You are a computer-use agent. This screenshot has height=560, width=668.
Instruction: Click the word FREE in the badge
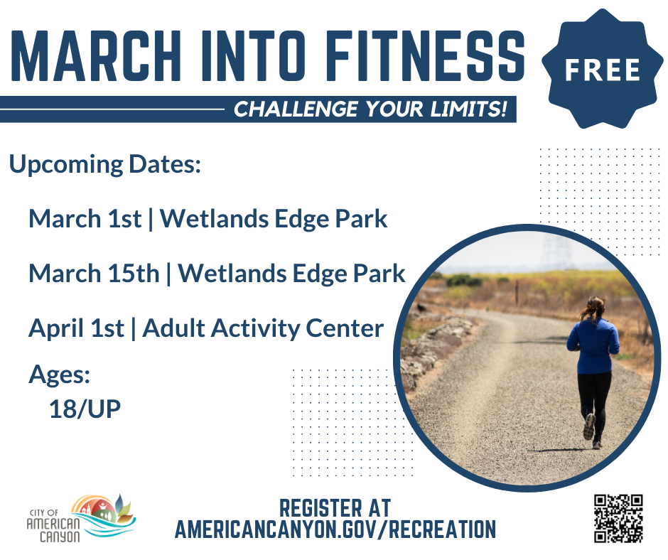[x=603, y=69]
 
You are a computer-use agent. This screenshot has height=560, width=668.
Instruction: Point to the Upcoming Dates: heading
[x=105, y=165]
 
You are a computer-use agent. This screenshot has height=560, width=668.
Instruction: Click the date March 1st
[x=85, y=219]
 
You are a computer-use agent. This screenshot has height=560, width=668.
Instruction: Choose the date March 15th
[x=94, y=274]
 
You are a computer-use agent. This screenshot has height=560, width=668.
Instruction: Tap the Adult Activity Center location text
[x=264, y=328]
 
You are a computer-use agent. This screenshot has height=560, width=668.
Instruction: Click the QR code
[x=618, y=519]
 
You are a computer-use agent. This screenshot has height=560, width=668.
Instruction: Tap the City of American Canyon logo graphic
[x=103, y=515]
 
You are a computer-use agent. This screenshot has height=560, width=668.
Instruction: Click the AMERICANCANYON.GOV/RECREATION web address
[x=335, y=529]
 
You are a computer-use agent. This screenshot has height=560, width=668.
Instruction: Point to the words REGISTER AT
[x=335, y=507]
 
